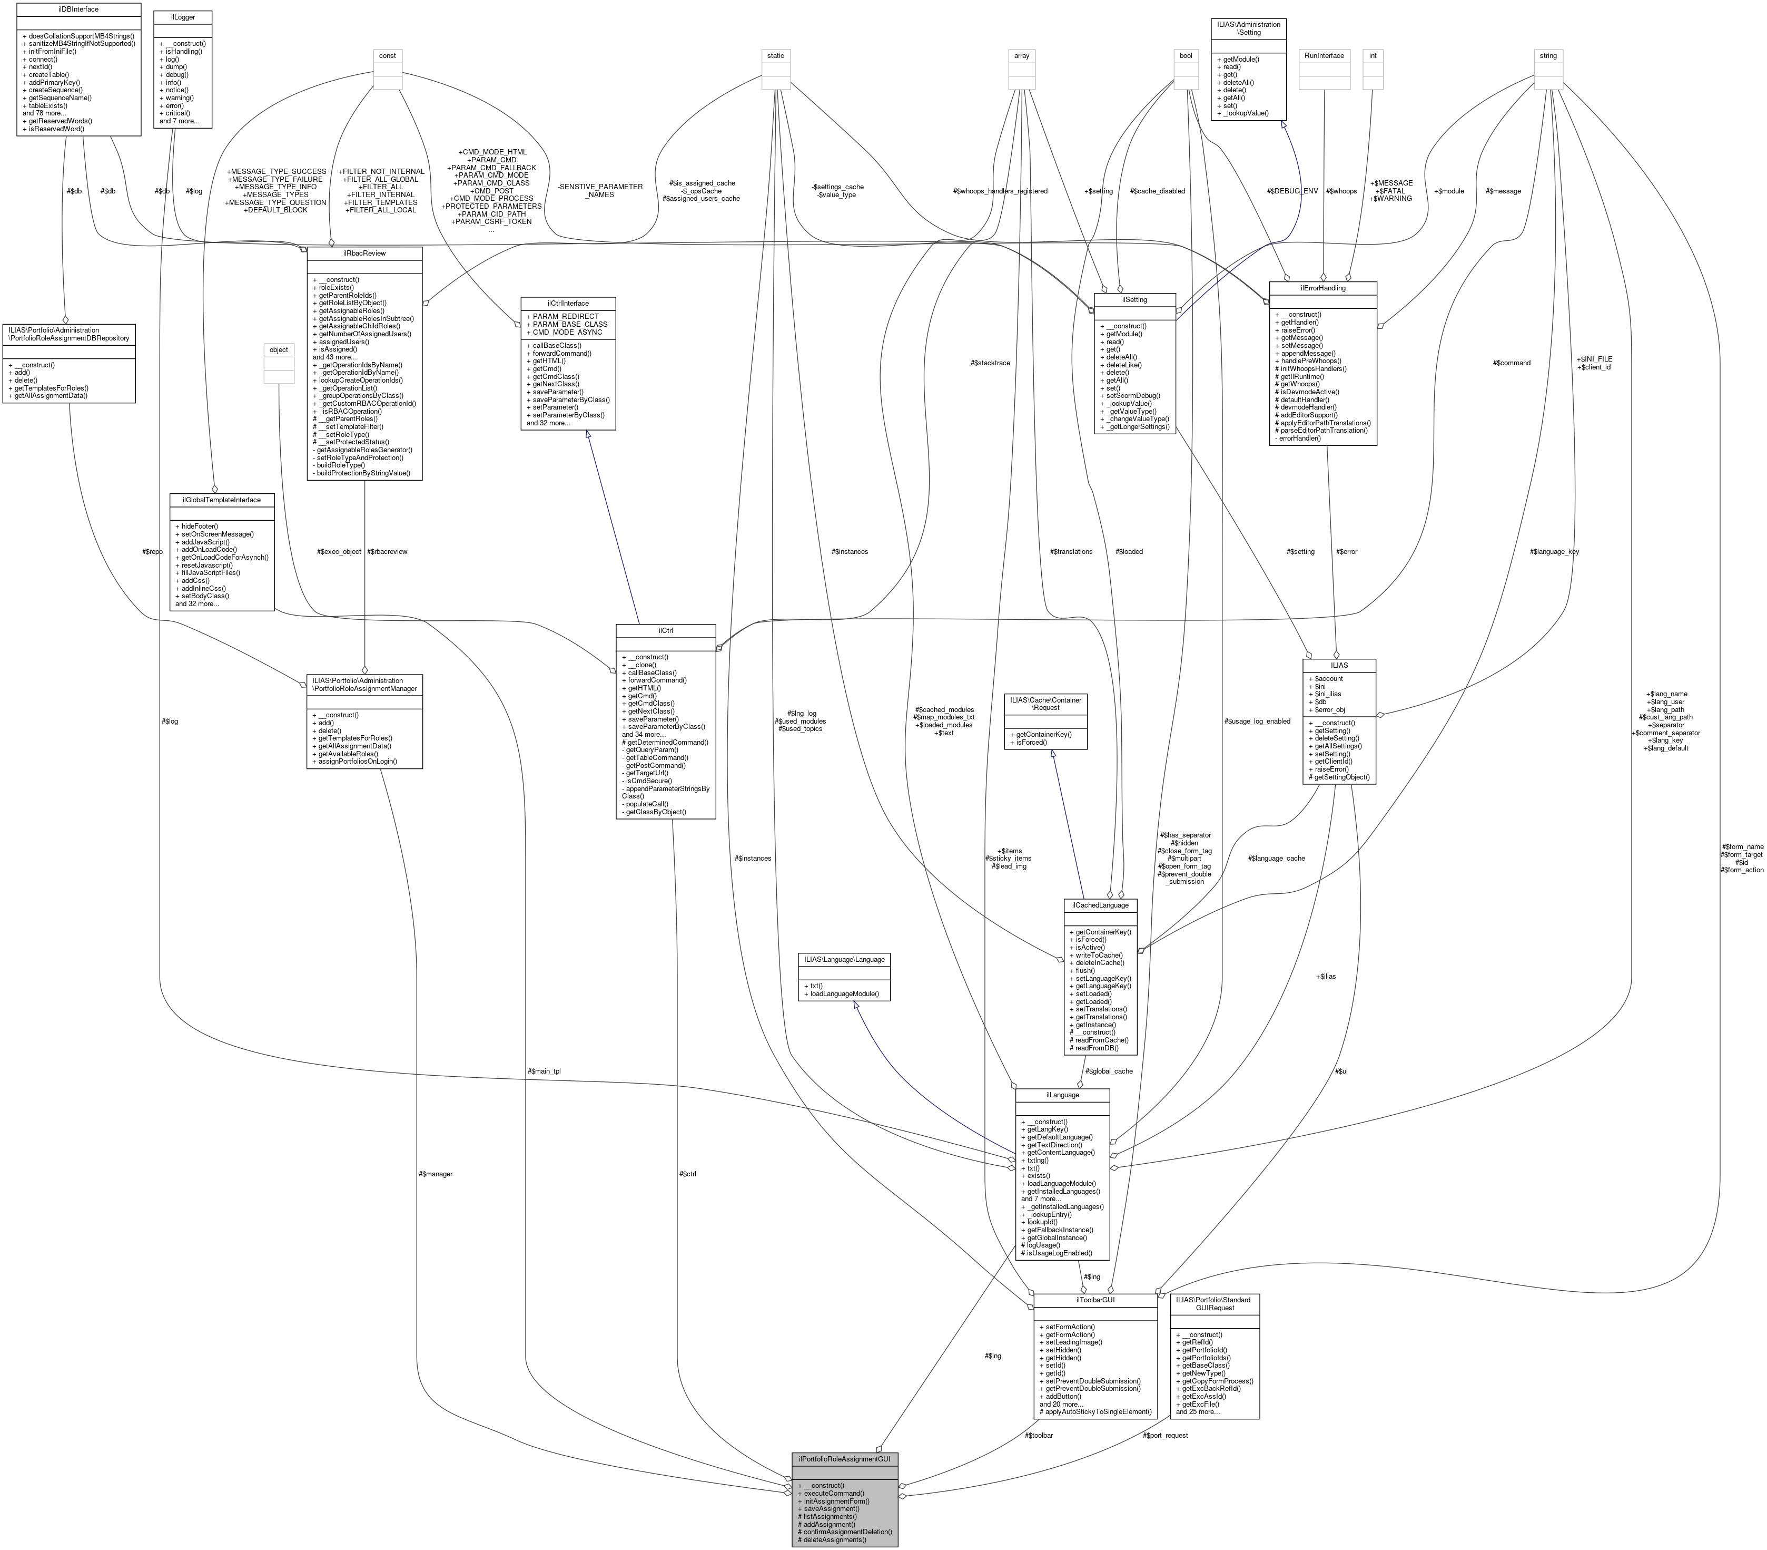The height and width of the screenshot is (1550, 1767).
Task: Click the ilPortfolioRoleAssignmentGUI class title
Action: coord(845,1458)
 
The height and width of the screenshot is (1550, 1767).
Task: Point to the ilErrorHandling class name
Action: coord(1322,288)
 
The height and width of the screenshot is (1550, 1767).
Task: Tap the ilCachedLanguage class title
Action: coord(1100,905)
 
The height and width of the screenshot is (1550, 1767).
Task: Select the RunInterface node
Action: coord(1325,55)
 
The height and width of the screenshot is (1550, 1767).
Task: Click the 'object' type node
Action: coord(279,349)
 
